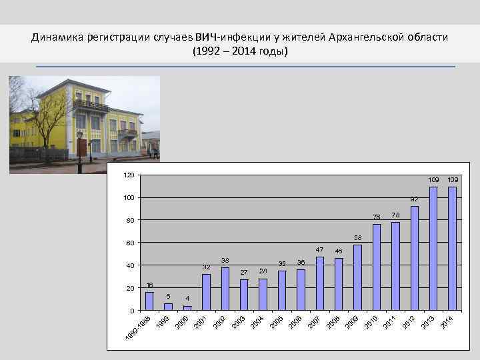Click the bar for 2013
pos(433,249)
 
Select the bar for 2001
pos(206,292)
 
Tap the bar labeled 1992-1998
pos(149,301)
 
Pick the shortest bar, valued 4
pos(187,308)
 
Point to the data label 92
pos(414,199)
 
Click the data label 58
pos(357,238)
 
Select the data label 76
pos(377,217)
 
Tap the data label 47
pos(319,250)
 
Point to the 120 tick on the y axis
pos(129,175)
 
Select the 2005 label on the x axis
pos(277,323)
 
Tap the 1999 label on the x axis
pos(162,323)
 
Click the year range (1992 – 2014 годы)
pos(239,51)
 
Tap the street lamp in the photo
pos(80,150)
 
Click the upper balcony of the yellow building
pos(91,105)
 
